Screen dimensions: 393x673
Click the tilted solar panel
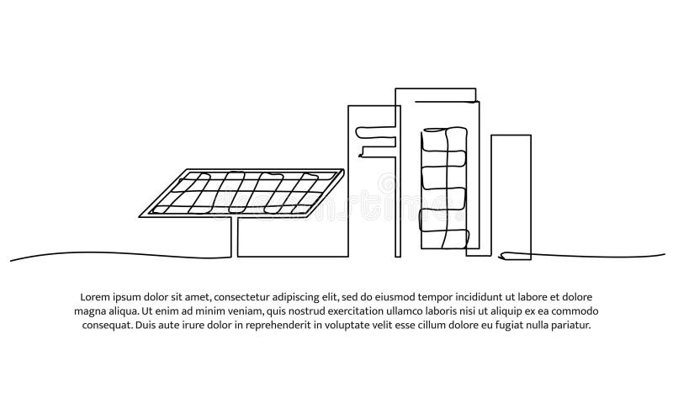click(241, 194)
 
